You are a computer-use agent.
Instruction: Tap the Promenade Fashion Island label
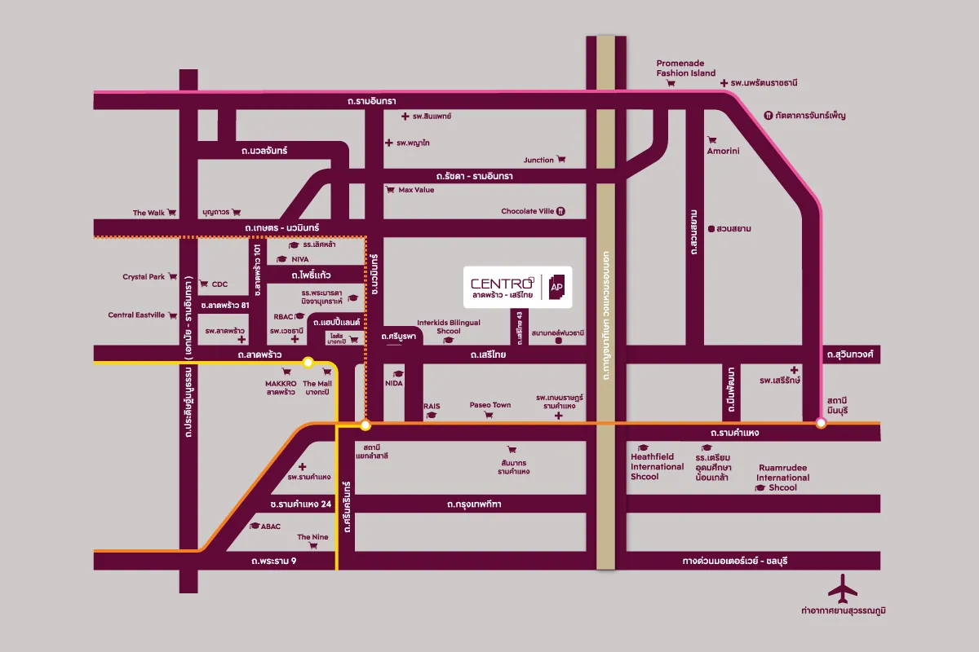pos(686,68)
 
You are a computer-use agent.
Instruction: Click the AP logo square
pos(557,287)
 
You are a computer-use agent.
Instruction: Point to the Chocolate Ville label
pos(527,211)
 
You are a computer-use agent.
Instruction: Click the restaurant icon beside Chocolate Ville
pos(560,211)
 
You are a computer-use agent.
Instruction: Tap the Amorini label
pos(723,151)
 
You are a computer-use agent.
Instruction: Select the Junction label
pos(538,160)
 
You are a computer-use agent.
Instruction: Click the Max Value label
pos(416,190)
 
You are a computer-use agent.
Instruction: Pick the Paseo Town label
pos(489,405)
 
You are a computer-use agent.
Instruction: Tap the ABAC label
pos(271,526)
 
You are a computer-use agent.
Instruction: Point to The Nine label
pos(312,537)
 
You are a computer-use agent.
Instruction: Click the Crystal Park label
pos(144,277)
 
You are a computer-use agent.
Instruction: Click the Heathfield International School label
pos(657,467)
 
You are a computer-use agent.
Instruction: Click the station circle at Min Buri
pos(821,422)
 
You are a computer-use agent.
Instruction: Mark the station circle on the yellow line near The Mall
pos(308,363)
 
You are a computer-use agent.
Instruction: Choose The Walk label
pos(149,213)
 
